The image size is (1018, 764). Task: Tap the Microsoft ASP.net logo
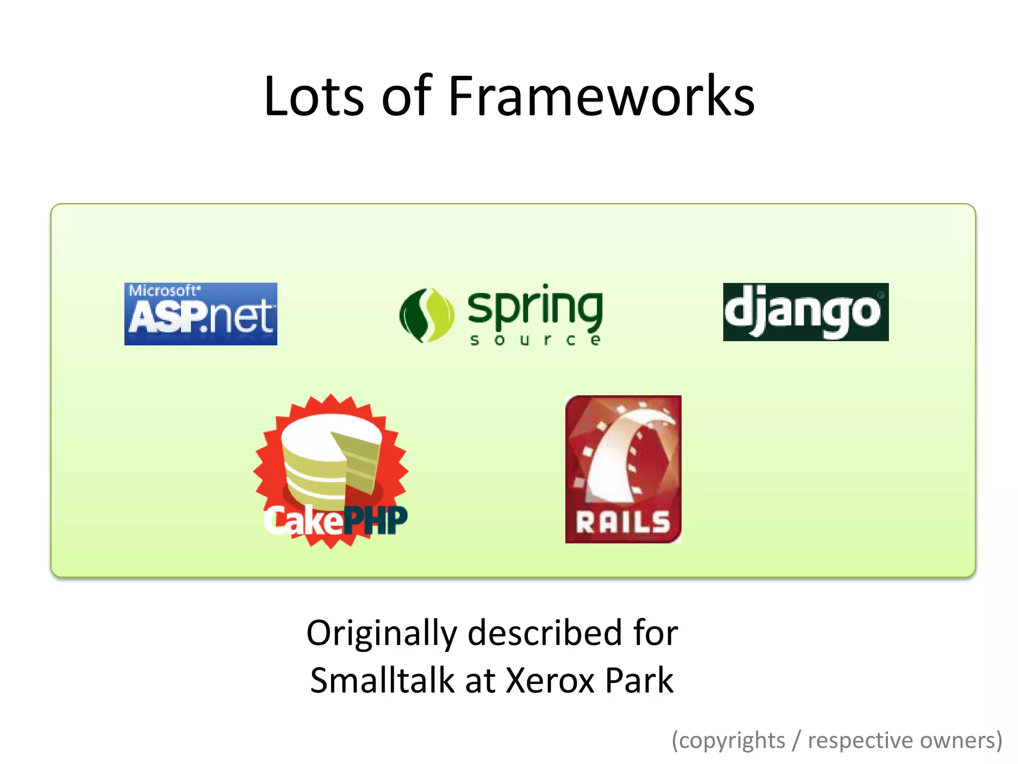(201, 314)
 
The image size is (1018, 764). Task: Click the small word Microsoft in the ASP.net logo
(163, 290)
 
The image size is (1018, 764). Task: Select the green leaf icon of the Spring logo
(426, 315)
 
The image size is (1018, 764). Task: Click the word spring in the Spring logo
(535, 307)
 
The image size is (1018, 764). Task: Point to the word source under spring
(535, 340)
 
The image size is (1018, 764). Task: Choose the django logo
(805, 312)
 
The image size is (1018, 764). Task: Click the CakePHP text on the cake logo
(335, 521)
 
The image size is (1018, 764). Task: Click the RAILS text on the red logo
(623, 522)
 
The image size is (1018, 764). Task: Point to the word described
(545, 633)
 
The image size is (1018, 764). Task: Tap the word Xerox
(550, 680)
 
